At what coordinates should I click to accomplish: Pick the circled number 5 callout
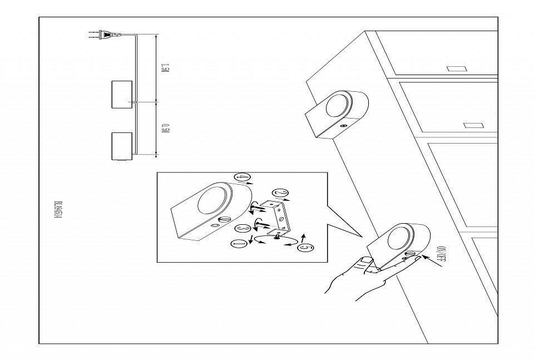tap(304, 248)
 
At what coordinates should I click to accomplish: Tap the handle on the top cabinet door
tap(456, 70)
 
